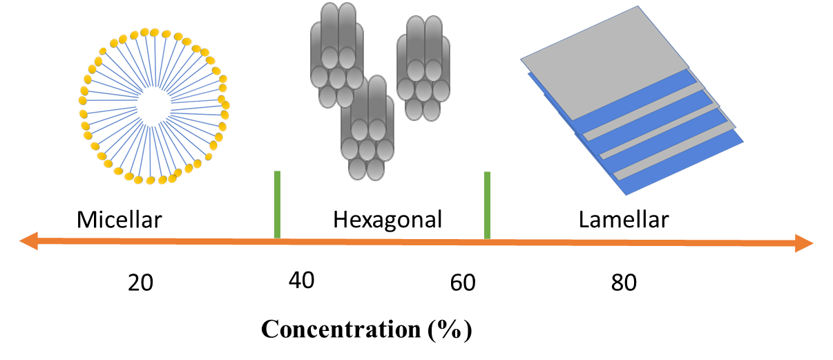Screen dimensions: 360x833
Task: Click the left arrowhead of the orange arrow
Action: (28, 240)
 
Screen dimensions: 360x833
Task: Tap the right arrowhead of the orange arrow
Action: (805, 243)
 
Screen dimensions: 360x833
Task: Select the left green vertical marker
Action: (277, 205)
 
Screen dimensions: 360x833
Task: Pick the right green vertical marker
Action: (487, 205)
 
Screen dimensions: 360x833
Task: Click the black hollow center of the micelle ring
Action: (153, 106)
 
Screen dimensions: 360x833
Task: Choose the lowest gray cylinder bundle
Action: (367, 128)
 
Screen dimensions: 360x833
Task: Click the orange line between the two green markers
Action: (382, 242)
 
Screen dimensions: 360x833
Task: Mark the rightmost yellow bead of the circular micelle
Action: (226, 106)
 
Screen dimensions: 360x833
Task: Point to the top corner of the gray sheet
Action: (637, 8)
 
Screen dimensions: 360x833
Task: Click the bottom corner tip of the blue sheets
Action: (626, 194)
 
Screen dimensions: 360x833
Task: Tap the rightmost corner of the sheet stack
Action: (743, 142)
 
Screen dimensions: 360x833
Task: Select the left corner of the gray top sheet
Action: (522, 60)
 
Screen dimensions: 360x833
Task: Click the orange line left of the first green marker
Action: (152, 240)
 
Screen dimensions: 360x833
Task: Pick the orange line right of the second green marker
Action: (642, 243)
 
